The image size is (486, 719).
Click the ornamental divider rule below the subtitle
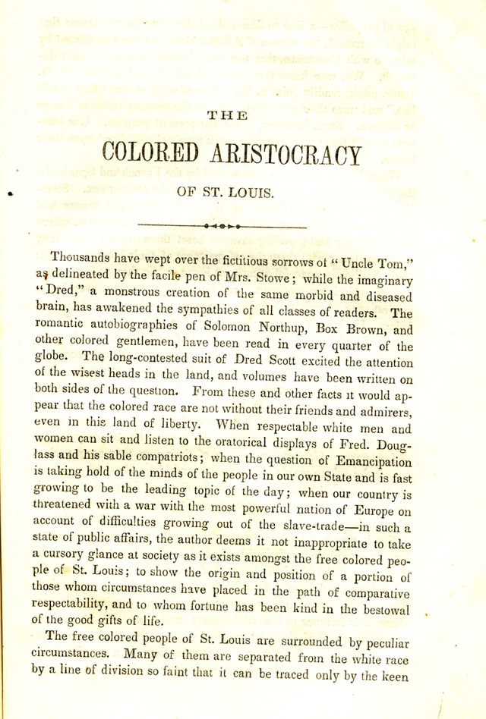222,226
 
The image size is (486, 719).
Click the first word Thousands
77,259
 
